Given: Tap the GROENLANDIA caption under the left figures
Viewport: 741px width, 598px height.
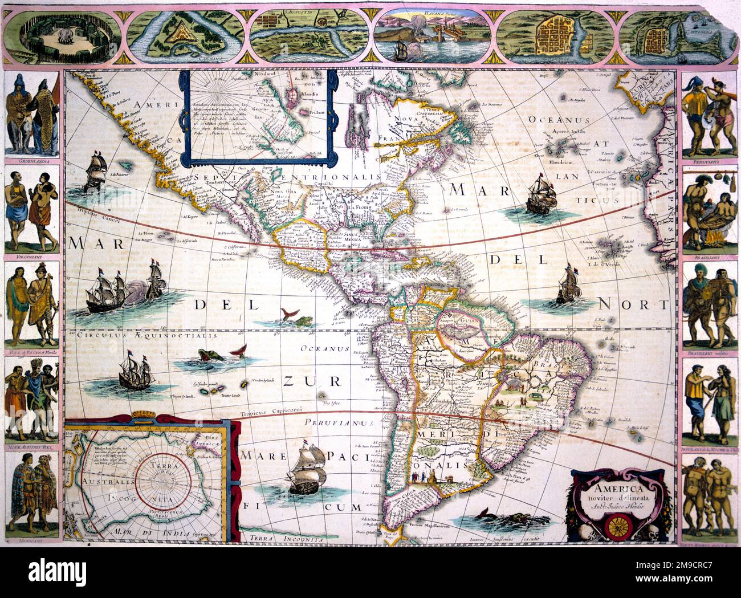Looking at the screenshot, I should click(x=32, y=161).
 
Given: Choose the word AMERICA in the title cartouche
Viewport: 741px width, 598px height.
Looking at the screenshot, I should click(x=618, y=489).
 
